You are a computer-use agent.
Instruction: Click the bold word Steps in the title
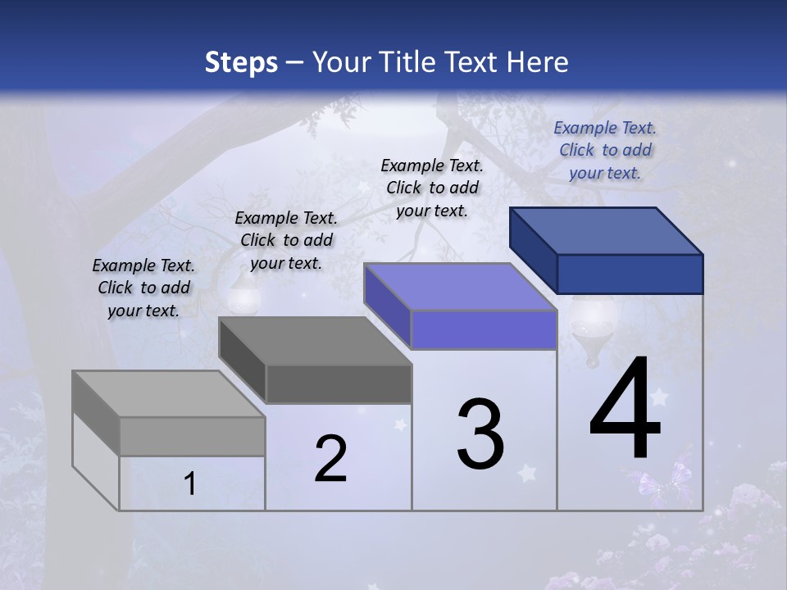[x=241, y=62]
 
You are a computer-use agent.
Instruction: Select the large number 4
[x=626, y=410]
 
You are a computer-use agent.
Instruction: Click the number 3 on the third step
[x=480, y=434]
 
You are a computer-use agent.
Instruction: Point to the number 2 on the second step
[x=331, y=459]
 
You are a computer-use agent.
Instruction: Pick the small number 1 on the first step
[x=190, y=484]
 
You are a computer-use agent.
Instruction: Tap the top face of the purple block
[x=459, y=287]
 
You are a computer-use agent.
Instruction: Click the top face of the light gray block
[x=168, y=394]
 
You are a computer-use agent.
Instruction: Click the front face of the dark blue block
[x=630, y=274]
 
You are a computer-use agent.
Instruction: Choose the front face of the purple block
[x=484, y=330]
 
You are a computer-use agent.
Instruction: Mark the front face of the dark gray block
[x=339, y=384]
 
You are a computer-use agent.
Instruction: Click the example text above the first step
[x=143, y=288]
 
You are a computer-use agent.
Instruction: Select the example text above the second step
[x=286, y=240]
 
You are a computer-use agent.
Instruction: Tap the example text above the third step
[x=432, y=188]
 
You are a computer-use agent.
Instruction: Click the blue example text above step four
[x=605, y=150]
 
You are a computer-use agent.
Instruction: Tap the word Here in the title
[x=538, y=62]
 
